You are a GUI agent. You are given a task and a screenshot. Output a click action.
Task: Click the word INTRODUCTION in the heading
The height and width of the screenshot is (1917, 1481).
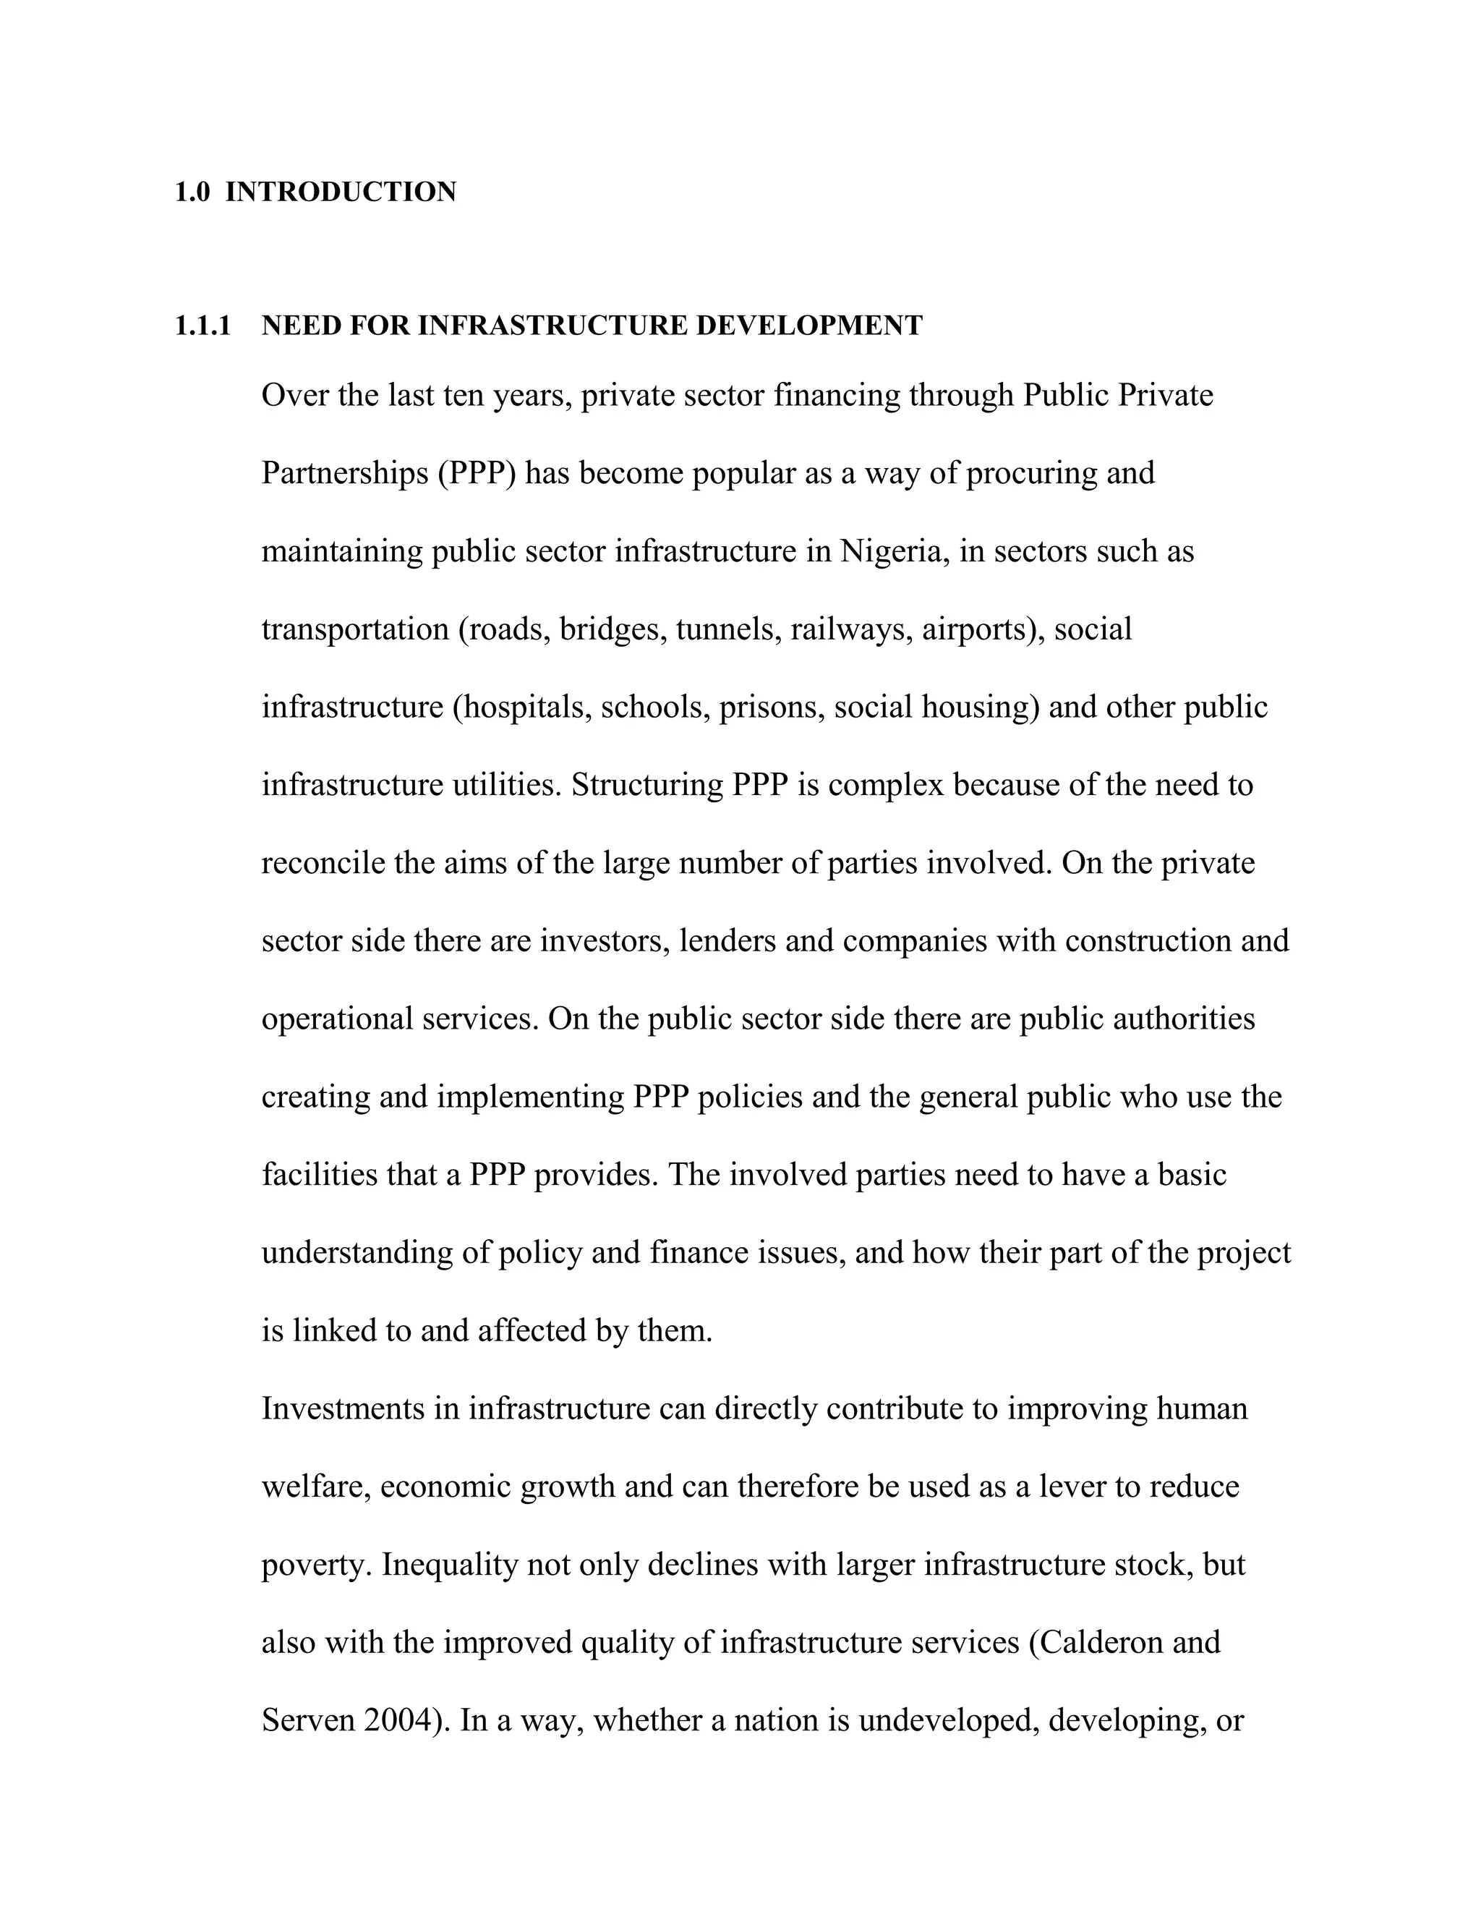[x=341, y=192]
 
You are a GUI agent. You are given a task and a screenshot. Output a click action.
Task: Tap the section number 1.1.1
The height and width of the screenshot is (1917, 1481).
[x=202, y=326]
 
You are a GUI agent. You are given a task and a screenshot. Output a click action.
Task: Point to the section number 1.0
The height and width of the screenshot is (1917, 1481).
[x=192, y=192]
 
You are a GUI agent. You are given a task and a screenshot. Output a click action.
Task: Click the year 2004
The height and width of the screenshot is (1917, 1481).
[x=399, y=1720]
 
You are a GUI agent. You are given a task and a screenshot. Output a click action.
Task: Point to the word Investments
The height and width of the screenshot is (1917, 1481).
[x=359, y=1408]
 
